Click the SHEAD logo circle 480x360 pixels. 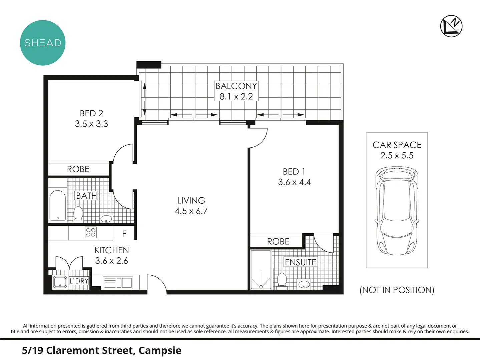tap(43, 43)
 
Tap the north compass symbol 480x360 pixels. tap(451, 26)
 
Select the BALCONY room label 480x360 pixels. tap(236, 86)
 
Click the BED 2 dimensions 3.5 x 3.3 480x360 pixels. tap(91, 124)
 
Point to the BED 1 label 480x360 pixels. tap(294, 172)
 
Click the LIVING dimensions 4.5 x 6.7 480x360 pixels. tap(191, 211)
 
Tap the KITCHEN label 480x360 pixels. tap(111, 250)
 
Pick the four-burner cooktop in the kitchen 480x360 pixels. tap(91, 232)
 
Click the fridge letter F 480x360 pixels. tap(124, 234)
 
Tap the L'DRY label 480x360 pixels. tap(79, 281)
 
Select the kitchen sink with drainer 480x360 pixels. tap(117, 283)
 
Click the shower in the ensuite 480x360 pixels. tap(261, 270)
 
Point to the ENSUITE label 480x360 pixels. tap(300, 262)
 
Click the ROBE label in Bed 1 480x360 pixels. tap(278, 241)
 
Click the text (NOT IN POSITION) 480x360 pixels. tap(397, 290)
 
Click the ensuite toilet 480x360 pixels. tap(282, 279)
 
